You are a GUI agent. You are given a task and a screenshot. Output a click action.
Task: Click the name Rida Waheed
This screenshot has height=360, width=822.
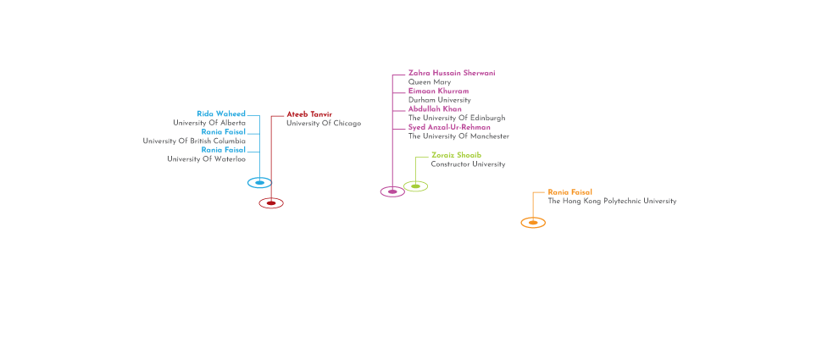pos(221,114)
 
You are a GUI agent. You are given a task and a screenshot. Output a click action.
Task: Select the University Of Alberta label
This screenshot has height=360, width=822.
pos(209,123)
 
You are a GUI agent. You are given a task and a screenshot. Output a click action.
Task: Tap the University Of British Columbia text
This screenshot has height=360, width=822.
pos(194,141)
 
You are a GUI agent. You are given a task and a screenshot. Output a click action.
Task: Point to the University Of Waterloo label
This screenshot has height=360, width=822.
pos(206,158)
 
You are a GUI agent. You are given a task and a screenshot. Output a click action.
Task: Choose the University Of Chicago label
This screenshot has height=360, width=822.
pos(323,123)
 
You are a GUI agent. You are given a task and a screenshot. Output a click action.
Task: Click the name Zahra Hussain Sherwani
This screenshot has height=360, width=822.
pos(452,73)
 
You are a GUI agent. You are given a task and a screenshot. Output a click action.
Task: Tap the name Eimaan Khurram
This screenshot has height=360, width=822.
pos(438,91)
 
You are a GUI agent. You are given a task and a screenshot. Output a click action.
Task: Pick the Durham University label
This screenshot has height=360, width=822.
pos(440,100)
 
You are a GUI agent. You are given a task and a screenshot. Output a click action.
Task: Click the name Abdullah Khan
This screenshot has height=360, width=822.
pos(435,108)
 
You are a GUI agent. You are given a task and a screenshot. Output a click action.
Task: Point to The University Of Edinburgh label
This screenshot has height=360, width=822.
pos(457,118)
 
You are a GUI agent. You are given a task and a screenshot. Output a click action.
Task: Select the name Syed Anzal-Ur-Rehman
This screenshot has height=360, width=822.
pos(449,127)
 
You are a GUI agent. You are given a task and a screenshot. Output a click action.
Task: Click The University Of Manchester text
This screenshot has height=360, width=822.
pos(458,136)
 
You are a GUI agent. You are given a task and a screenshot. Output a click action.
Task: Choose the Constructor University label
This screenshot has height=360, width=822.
pos(468,164)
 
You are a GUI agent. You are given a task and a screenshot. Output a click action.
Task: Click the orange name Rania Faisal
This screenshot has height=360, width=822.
pos(569,192)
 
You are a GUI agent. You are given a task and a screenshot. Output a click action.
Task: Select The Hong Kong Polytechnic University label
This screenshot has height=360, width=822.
pos(612,202)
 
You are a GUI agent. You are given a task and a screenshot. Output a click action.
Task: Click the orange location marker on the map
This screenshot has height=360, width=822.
pos(532,223)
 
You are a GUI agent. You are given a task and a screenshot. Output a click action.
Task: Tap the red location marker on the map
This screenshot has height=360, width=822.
pos(270,203)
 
